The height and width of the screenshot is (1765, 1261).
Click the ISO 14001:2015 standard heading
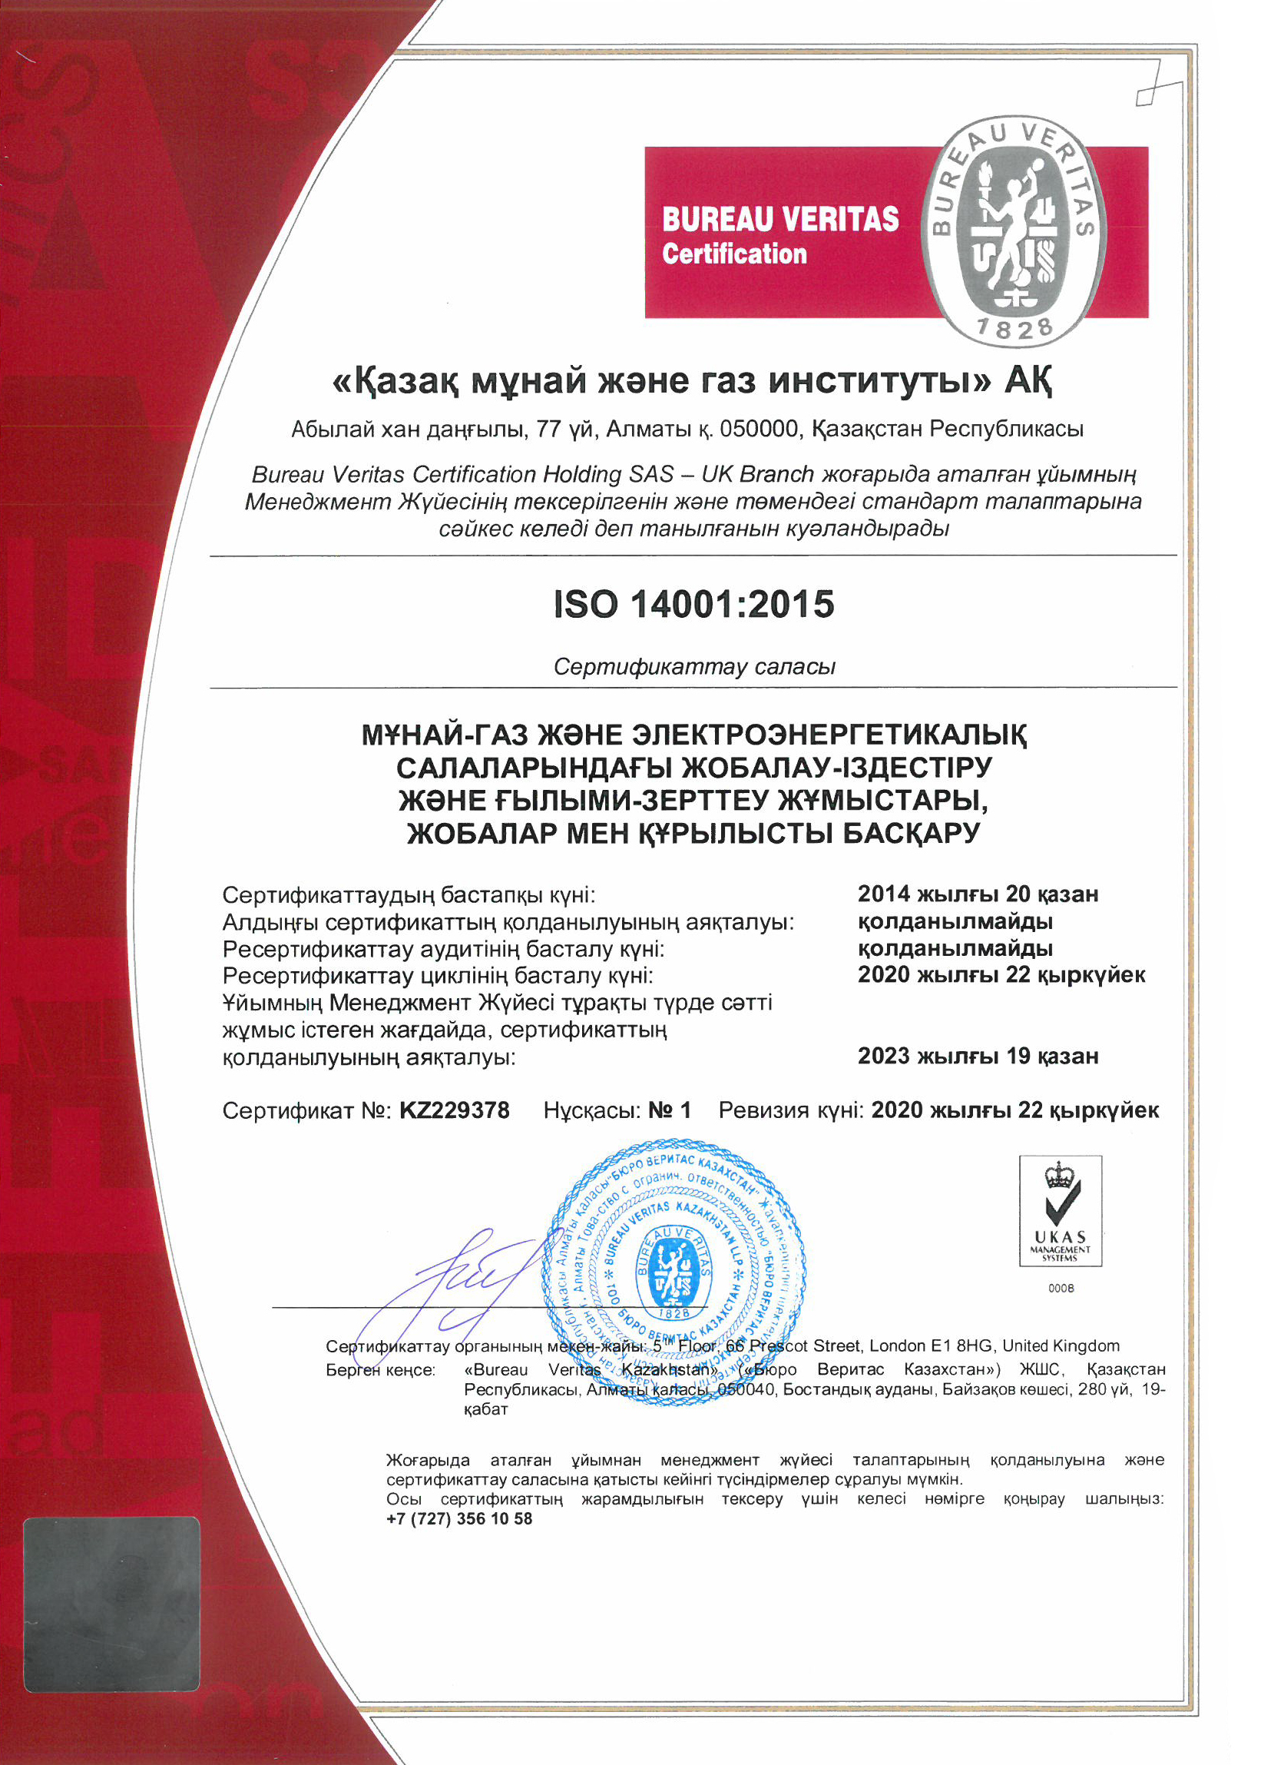pyautogui.click(x=693, y=605)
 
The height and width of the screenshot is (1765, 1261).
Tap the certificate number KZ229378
pyautogui.click(x=454, y=1110)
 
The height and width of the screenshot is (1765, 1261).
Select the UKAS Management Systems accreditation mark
pyautogui.click(x=1060, y=1211)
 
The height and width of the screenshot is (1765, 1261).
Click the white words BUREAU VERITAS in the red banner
pyautogui.click(x=779, y=219)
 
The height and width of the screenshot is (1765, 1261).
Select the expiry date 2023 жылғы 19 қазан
pyautogui.click(x=978, y=1057)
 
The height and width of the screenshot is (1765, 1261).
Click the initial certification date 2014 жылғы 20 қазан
pyautogui.click(x=978, y=894)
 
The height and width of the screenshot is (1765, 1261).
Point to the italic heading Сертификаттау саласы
pyautogui.click(x=694, y=666)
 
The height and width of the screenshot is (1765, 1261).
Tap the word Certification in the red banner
pyautogui.click(x=733, y=254)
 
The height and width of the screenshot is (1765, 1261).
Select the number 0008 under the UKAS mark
pyautogui.click(x=1061, y=1288)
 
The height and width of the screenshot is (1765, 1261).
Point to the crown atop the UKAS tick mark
pyautogui.click(x=1059, y=1176)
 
